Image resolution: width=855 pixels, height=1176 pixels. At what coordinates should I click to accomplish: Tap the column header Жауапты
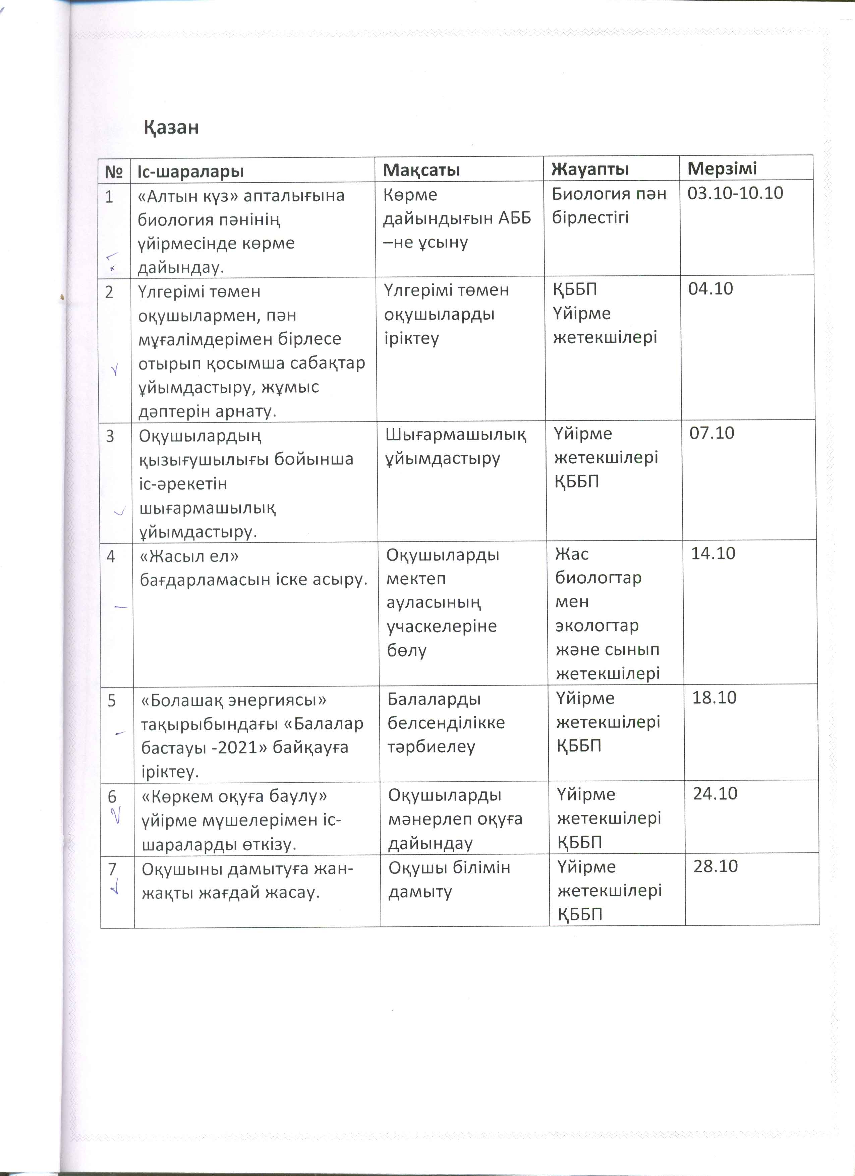click(590, 169)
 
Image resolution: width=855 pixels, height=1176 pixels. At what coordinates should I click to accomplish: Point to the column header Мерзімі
click(722, 169)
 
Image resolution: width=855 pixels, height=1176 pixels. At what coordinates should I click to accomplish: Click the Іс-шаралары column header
click(190, 172)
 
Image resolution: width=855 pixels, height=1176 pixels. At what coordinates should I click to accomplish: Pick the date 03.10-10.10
click(735, 193)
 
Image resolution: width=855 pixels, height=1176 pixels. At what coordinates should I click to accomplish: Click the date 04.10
click(710, 289)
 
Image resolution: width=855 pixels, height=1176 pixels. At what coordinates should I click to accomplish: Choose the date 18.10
click(715, 698)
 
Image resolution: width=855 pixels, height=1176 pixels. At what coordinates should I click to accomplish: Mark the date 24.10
click(715, 794)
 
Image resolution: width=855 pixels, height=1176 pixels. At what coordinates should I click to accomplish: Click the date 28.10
click(716, 866)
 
